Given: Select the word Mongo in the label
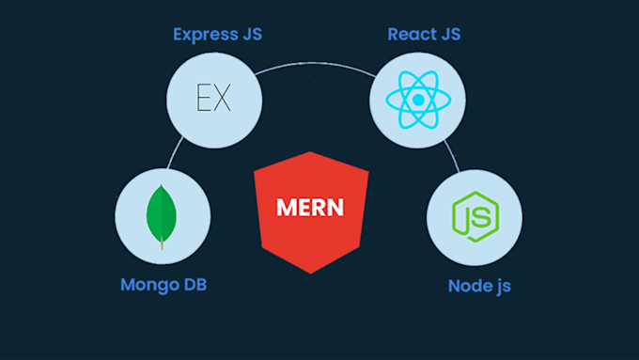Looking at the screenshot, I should [x=147, y=284].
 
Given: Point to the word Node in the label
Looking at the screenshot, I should [x=468, y=285].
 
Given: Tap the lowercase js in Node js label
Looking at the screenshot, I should [x=504, y=286].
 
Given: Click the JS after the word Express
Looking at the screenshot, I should [x=249, y=36].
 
